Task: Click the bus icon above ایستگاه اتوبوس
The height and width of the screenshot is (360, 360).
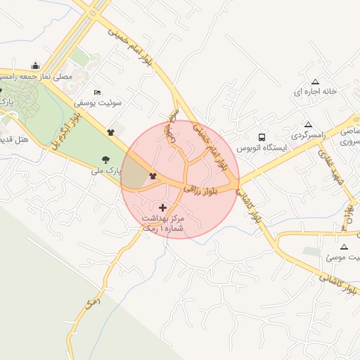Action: coord(262,137)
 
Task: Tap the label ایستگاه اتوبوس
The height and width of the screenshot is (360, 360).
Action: coord(259,149)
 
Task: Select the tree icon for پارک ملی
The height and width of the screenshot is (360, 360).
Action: coord(105,160)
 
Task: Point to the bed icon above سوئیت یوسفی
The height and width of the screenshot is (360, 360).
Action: coord(97,92)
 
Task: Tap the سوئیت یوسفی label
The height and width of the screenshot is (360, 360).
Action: coord(101,103)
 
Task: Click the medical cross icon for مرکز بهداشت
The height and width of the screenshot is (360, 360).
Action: coord(164,207)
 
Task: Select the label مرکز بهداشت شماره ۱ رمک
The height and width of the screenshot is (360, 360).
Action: coord(162,224)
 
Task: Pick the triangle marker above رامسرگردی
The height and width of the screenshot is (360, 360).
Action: coord(308,124)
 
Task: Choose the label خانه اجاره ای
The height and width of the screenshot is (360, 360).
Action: coord(316,92)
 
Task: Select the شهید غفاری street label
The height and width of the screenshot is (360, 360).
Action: coord(328,168)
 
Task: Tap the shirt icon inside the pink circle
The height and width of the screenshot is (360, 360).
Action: coord(153,176)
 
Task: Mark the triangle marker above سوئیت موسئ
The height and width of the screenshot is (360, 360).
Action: coord(343,247)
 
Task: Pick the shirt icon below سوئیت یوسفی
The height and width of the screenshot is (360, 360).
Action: coord(110,131)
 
